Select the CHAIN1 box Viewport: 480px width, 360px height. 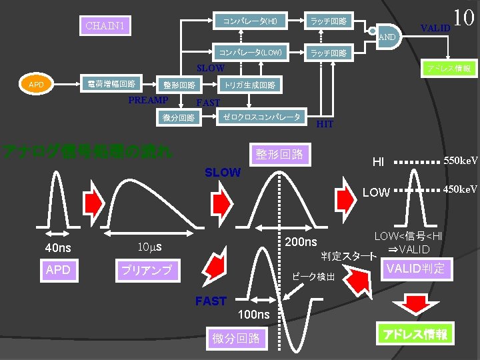click(x=105, y=26)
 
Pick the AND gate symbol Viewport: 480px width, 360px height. click(x=385, y=36)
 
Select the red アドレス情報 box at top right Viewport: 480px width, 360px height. click(x=449, y=69)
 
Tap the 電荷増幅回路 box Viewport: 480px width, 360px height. click(x=112, y=85)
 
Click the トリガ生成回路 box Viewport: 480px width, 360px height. click(x=249, y=85)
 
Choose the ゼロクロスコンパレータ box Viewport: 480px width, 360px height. click(x=261, y=117)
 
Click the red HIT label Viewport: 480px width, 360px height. click(x=325, y=124)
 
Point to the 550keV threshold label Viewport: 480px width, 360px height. click(x=461, y=161)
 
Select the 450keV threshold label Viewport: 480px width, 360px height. click(x=461, y=189)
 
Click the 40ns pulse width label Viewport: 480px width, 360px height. click(x=58, y=248)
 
